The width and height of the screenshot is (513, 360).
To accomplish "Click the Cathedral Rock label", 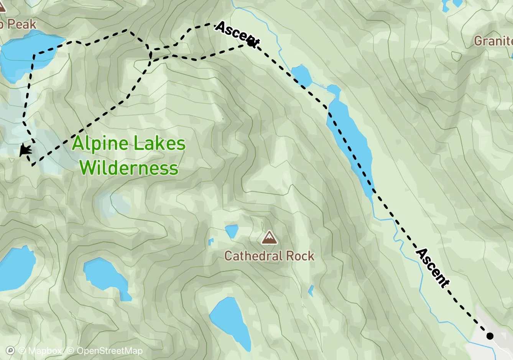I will pyautogui.click(x=269, y=256).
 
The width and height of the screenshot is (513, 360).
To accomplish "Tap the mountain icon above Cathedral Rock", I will pyautogui.click(x=269, y=238).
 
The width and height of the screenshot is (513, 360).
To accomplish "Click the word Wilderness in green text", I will pyautogui.click(x=130, y=168).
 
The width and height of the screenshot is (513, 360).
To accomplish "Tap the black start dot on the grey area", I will pyautogui.click(x=490, y=336).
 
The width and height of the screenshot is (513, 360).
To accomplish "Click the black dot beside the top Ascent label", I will pyautogui.click(x=251, y=43).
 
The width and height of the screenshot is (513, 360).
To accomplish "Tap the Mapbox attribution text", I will pyautogui.click(x=40, y=351).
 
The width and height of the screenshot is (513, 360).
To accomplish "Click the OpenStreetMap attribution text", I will pyautogui.click(x=109, y=351).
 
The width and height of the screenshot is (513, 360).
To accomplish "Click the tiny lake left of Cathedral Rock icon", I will pyautogui.click(x=231, y=231).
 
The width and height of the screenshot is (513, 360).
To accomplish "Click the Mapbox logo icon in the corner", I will pyautogui.click(x=11, y=350).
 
